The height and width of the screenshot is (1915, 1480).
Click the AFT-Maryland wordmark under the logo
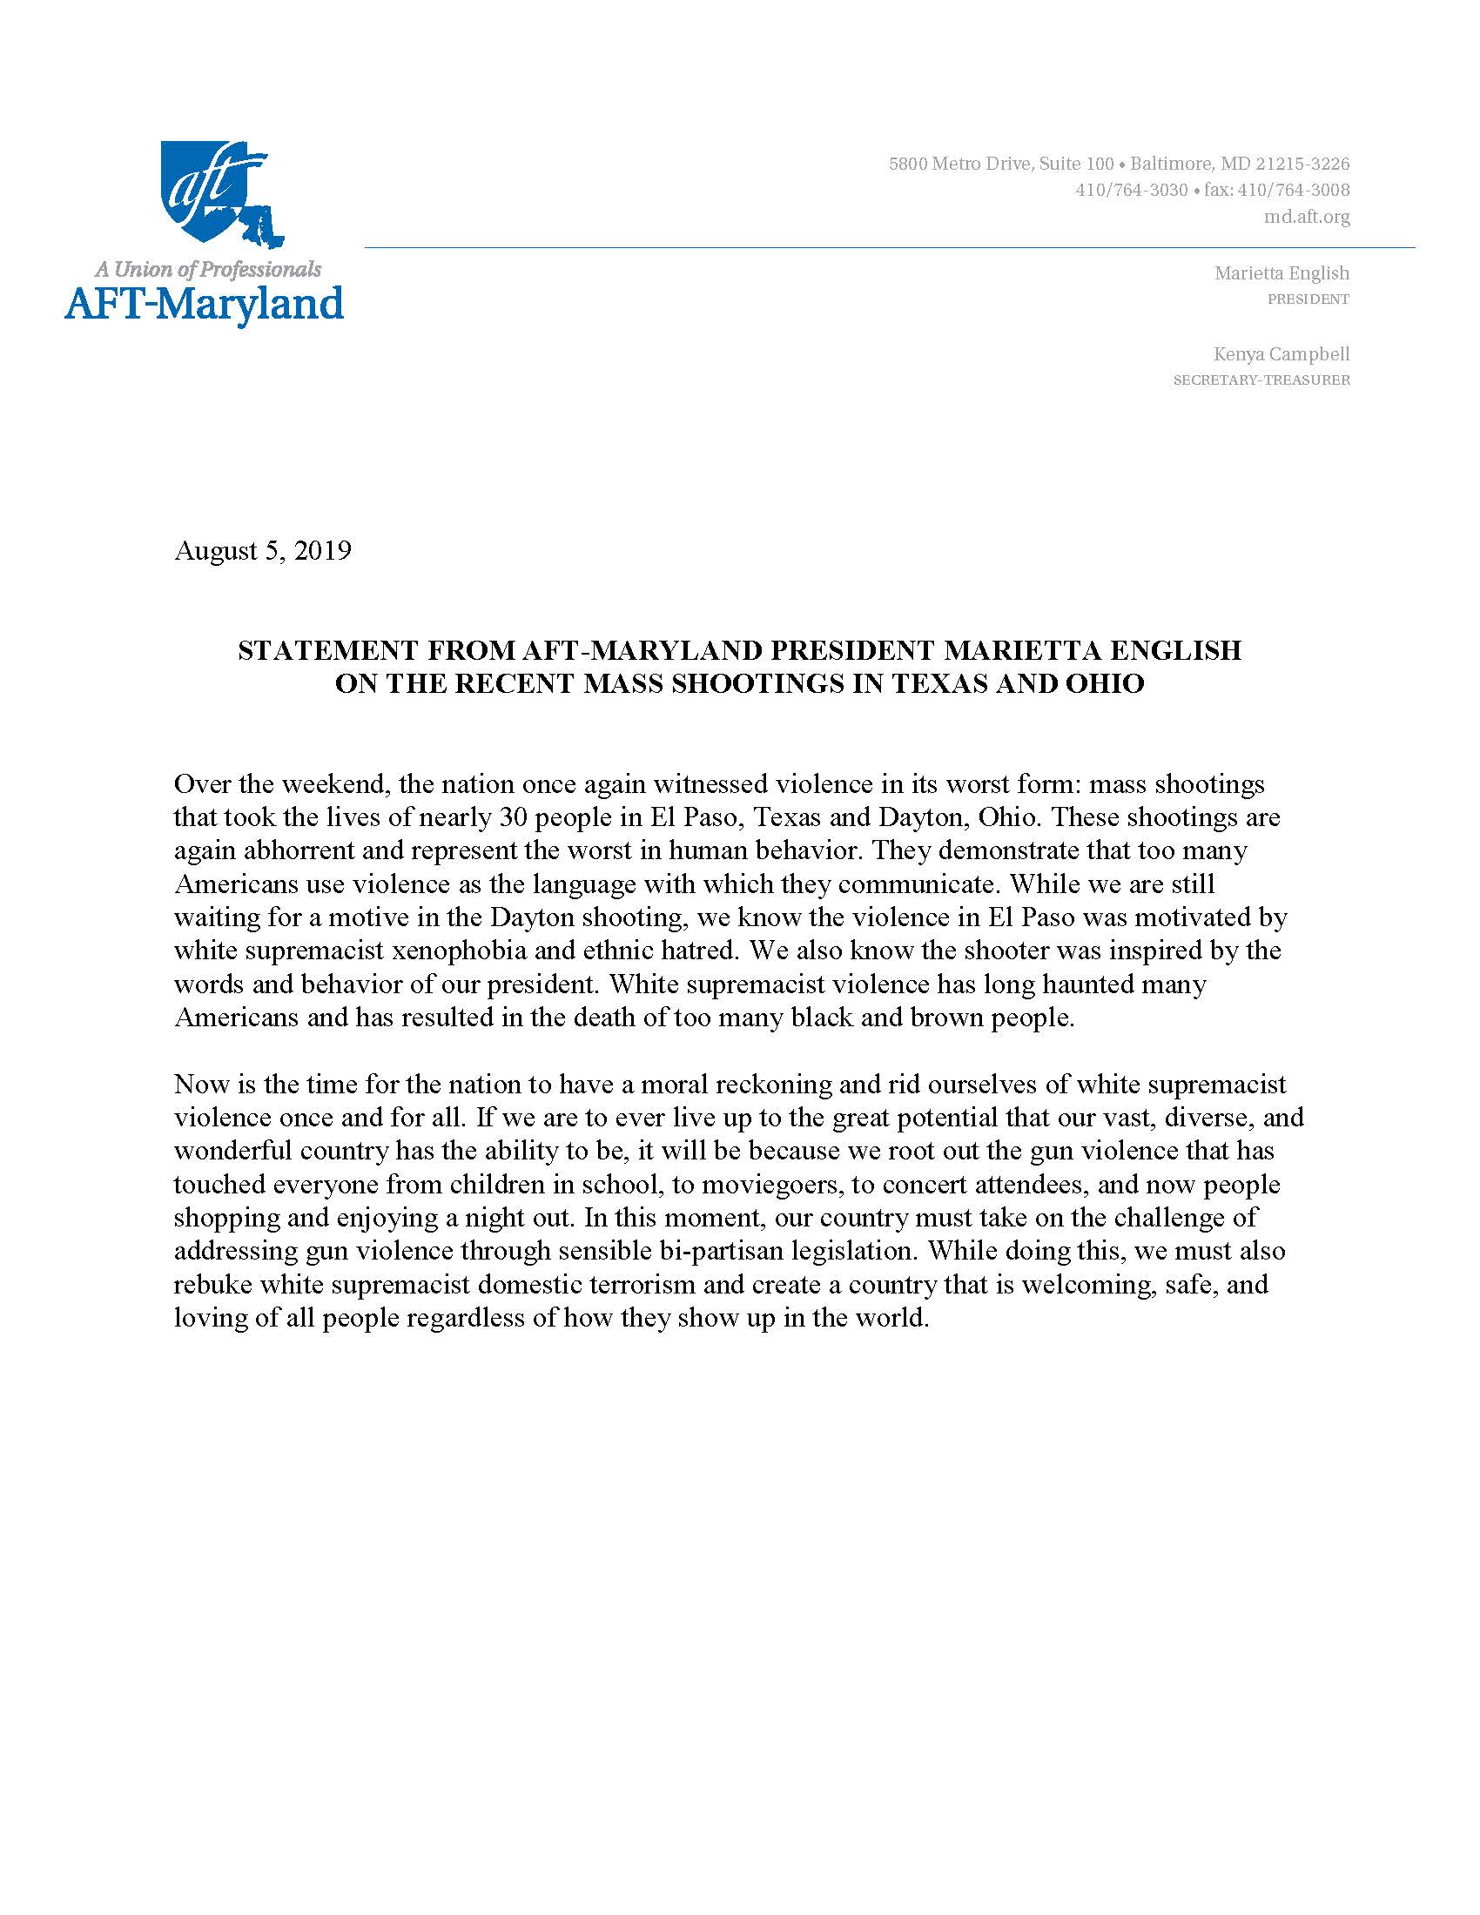(x=204, y=305)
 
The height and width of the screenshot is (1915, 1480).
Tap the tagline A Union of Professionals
(x=208, y=269)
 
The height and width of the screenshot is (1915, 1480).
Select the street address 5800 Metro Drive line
(x=1119, y=164)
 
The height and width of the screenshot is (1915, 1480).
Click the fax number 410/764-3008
(x=1293, y=191)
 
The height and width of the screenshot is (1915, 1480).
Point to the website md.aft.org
(x=1307, y=217)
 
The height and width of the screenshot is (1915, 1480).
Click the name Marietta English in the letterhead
(x=1281, y=273)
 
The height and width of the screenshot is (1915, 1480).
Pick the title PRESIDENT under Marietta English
(x=1308, y=299)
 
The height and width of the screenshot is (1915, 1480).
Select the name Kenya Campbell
(x=1281, y=354)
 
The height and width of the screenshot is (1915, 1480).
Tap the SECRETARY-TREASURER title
(x=1261, y=380)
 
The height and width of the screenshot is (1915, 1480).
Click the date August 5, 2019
(x=263, y=551)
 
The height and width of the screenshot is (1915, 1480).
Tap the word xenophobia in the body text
(x=464, y=951)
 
